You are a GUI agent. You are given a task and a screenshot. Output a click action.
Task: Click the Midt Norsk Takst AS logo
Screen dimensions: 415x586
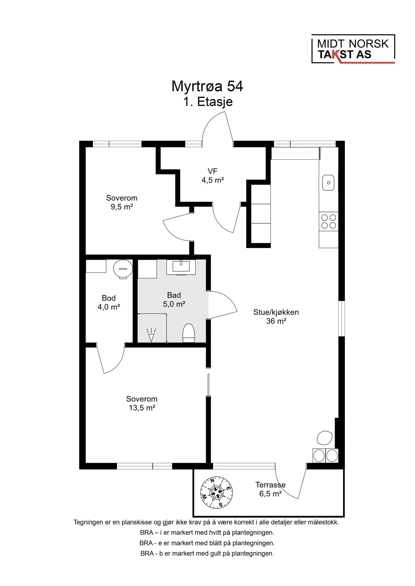pos(353,49)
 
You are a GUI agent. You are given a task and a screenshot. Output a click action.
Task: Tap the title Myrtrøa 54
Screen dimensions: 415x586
pos(207,86)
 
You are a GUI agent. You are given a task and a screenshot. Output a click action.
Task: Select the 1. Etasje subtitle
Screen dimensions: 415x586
pos(208,102)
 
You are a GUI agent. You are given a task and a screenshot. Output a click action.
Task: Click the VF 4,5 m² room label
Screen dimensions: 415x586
pos(213,176)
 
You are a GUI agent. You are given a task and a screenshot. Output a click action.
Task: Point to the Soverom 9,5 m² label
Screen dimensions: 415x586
pos(122,202)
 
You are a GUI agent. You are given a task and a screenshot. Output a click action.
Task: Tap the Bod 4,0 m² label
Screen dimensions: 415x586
pos(109,303)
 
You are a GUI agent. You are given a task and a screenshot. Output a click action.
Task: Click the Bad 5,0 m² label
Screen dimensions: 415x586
pos(174,300)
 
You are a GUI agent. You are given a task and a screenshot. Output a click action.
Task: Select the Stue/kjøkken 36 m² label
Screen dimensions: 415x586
pos(276,316)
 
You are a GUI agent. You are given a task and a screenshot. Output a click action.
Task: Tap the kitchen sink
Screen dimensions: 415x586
pos(328,182)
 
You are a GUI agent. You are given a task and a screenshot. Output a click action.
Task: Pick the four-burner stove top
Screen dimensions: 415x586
pos(329,221)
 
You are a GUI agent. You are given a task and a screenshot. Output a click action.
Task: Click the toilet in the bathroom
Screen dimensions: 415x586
pos(189,333)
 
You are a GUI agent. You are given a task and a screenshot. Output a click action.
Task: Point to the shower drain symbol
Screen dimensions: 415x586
pos(151,335)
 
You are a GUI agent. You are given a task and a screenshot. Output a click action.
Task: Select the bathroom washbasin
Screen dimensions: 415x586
pos(181,267)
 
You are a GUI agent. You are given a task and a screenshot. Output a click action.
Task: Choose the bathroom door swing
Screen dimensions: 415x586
pos(222,305)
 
